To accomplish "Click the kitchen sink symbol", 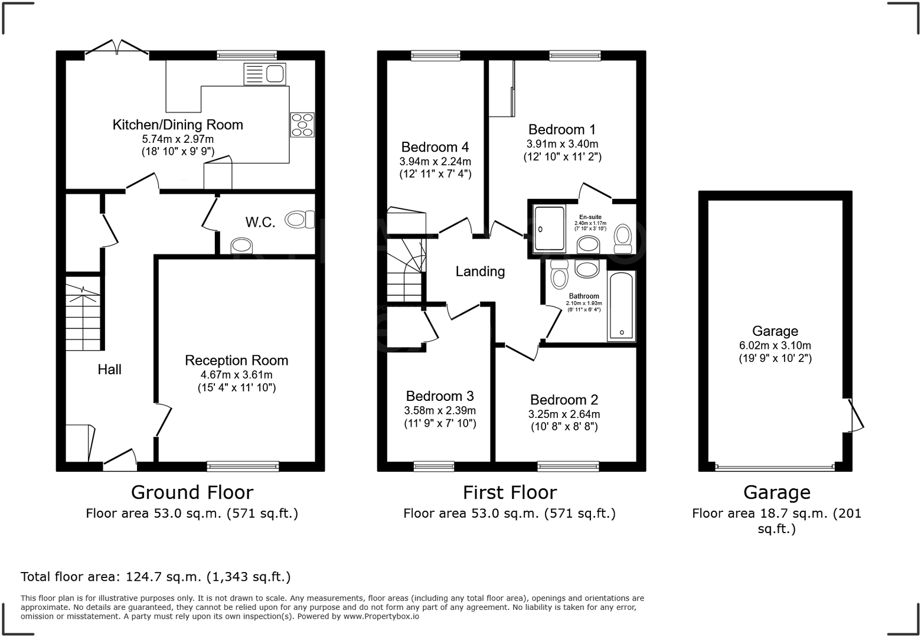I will pos(264,74).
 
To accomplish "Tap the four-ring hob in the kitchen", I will pos(302,125).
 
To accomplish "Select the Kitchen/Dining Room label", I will pos(178,125).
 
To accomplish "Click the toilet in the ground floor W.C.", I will pos(300,220).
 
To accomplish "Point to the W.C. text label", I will pos(260,223).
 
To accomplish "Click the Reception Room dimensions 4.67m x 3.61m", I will pos(236,375).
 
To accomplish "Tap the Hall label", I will pos(109,370).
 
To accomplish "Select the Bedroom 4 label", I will pos(435,147).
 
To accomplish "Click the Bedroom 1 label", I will pos(561,129).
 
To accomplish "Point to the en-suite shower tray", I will pos(549,228).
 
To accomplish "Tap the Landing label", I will pos(480,272).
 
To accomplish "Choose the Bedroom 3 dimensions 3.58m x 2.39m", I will pos(440,411).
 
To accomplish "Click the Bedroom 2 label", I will pos(564,400).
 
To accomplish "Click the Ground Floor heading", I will pos(192,492).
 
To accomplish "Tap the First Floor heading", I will pos(509,492).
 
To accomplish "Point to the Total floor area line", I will pos(156,577).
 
